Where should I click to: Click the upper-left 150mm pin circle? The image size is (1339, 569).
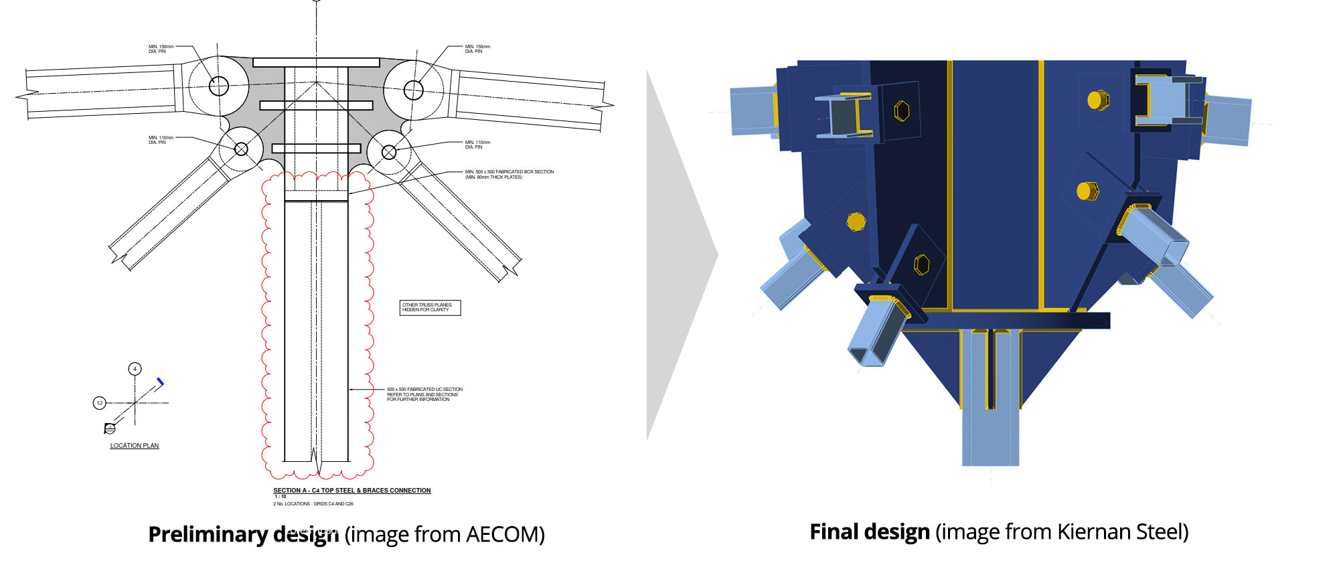(x=218, y=86)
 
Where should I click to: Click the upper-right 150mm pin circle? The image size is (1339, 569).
(x=414, y=90)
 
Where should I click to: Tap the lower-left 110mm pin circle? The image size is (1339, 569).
(x=241, y=149)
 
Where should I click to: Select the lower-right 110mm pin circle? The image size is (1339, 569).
(x=389, y=153)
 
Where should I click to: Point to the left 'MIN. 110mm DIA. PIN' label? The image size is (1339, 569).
(x=161, y=140)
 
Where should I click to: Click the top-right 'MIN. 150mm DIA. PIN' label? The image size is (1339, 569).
(x=477, y=49)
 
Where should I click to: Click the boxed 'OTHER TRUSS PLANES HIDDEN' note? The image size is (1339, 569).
(x=430, y=307)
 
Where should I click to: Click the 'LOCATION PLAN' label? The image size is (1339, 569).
(x=135, y=446)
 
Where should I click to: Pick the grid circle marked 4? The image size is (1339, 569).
(x=135, y=369)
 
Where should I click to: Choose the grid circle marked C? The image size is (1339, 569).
(x=100, y=403)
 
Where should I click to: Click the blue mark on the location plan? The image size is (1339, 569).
(x=160, y=382)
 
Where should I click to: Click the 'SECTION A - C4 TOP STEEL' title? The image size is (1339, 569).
(x=351, y=491)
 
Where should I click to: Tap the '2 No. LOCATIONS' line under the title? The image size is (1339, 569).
(x=313, y=504)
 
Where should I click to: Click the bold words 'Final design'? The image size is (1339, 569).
(x=869, y=532)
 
